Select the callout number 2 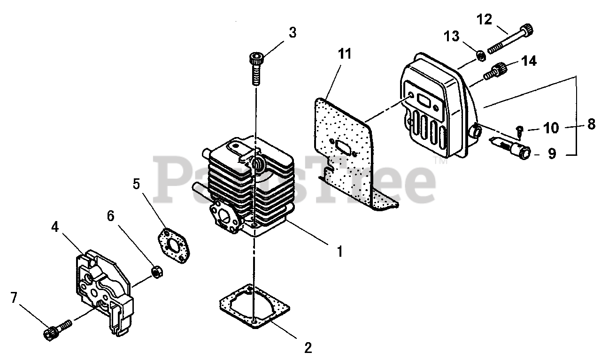pos(308,348)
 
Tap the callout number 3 pos(293,33)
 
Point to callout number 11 pos(345,54)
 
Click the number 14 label pos(528,61)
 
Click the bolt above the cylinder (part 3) pos(255,69)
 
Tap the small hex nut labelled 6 pos(157,272)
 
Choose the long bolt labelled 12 pos(512,40)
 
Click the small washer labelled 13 pos(480,56)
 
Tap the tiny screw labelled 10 pos(519,132)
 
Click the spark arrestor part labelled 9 pos(512,146)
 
